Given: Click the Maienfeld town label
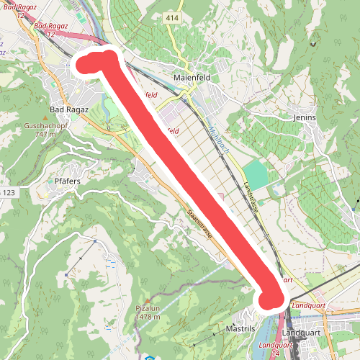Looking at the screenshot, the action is (191, 78).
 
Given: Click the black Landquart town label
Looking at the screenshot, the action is (302, 334).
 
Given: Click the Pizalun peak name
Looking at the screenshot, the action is (147, 307).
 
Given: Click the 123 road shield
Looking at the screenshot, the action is (8, 192).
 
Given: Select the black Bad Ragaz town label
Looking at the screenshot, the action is (68, 109).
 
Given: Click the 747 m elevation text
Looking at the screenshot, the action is (45, 135).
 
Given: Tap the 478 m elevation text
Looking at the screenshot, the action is (147, 316).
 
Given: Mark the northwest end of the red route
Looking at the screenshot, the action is (86, 63).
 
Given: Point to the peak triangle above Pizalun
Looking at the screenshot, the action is (147, 300).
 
